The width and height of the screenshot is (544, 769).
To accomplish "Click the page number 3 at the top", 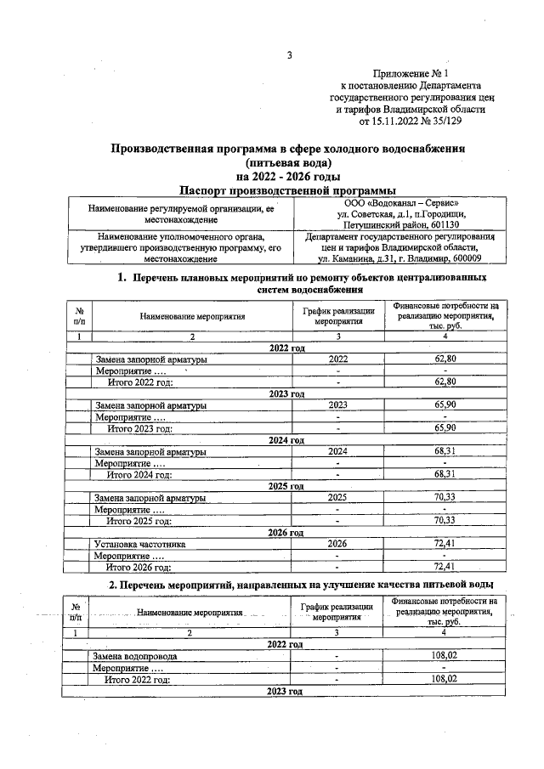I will click(289, 56).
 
